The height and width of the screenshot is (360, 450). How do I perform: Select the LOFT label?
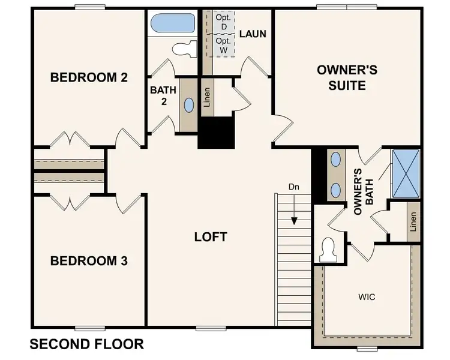[211, 236]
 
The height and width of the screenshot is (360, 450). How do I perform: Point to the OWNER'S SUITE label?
[347, 78]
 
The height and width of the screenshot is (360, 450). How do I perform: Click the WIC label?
[367, 296]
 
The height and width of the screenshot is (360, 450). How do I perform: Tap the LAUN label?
[253, 34]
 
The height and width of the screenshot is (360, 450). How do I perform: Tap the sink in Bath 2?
[189, 106]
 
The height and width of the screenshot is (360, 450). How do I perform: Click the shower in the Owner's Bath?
[406, 173]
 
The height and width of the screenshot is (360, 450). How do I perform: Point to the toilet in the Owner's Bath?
[329, 248]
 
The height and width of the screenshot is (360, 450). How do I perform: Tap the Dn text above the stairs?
[293, 187]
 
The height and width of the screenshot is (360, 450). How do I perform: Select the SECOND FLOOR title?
[86, 344]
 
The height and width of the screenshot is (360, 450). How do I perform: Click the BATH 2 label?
[163, 95]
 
